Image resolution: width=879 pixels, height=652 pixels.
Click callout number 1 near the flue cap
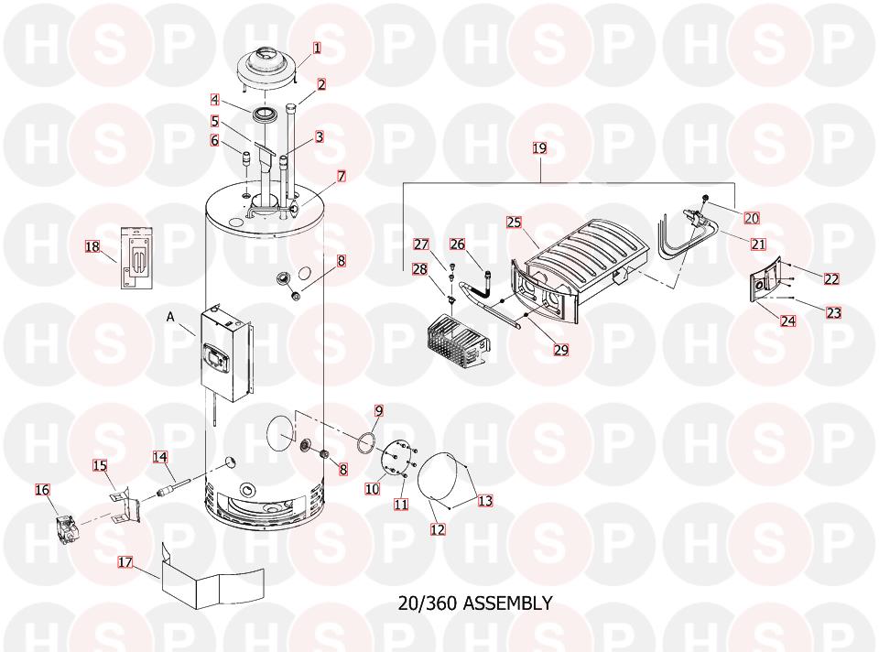click(317, 48)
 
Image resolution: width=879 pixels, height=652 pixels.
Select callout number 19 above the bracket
click(539, 147)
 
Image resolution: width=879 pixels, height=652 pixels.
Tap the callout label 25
click(514, 223)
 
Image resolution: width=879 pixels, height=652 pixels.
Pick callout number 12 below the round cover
click(438, 528)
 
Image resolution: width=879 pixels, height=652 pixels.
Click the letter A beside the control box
click(170, 317)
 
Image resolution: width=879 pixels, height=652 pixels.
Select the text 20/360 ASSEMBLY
click(475, 603)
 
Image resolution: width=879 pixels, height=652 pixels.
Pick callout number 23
click(833, 312)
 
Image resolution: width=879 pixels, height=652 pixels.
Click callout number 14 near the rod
click(160, 456)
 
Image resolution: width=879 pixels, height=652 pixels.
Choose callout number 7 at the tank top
click(341, 176)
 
